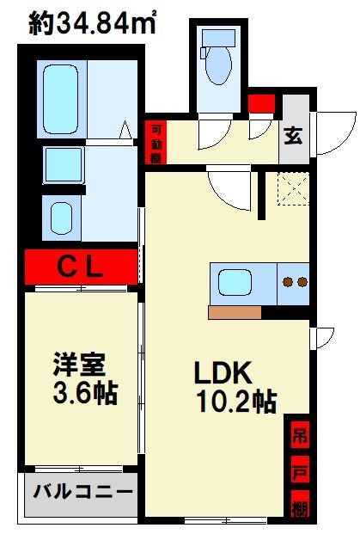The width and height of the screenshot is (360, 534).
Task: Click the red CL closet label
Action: pyautogui.click(x=81, y=267)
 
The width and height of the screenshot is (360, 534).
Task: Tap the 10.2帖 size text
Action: pyautogui.click(x=234, y=402)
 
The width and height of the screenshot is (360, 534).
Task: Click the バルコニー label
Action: pyautogui.click(x=83, y=493)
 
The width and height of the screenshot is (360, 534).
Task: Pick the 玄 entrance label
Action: pyautogui.click(x=293, y=135)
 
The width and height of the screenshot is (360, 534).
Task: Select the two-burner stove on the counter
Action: pyautogui.click(x=295, y=281)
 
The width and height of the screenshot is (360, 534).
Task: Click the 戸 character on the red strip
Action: pyautogui.click(x=296, y=470)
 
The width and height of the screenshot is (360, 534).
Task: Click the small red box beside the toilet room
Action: pyautogui.click(x=260, y=104)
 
